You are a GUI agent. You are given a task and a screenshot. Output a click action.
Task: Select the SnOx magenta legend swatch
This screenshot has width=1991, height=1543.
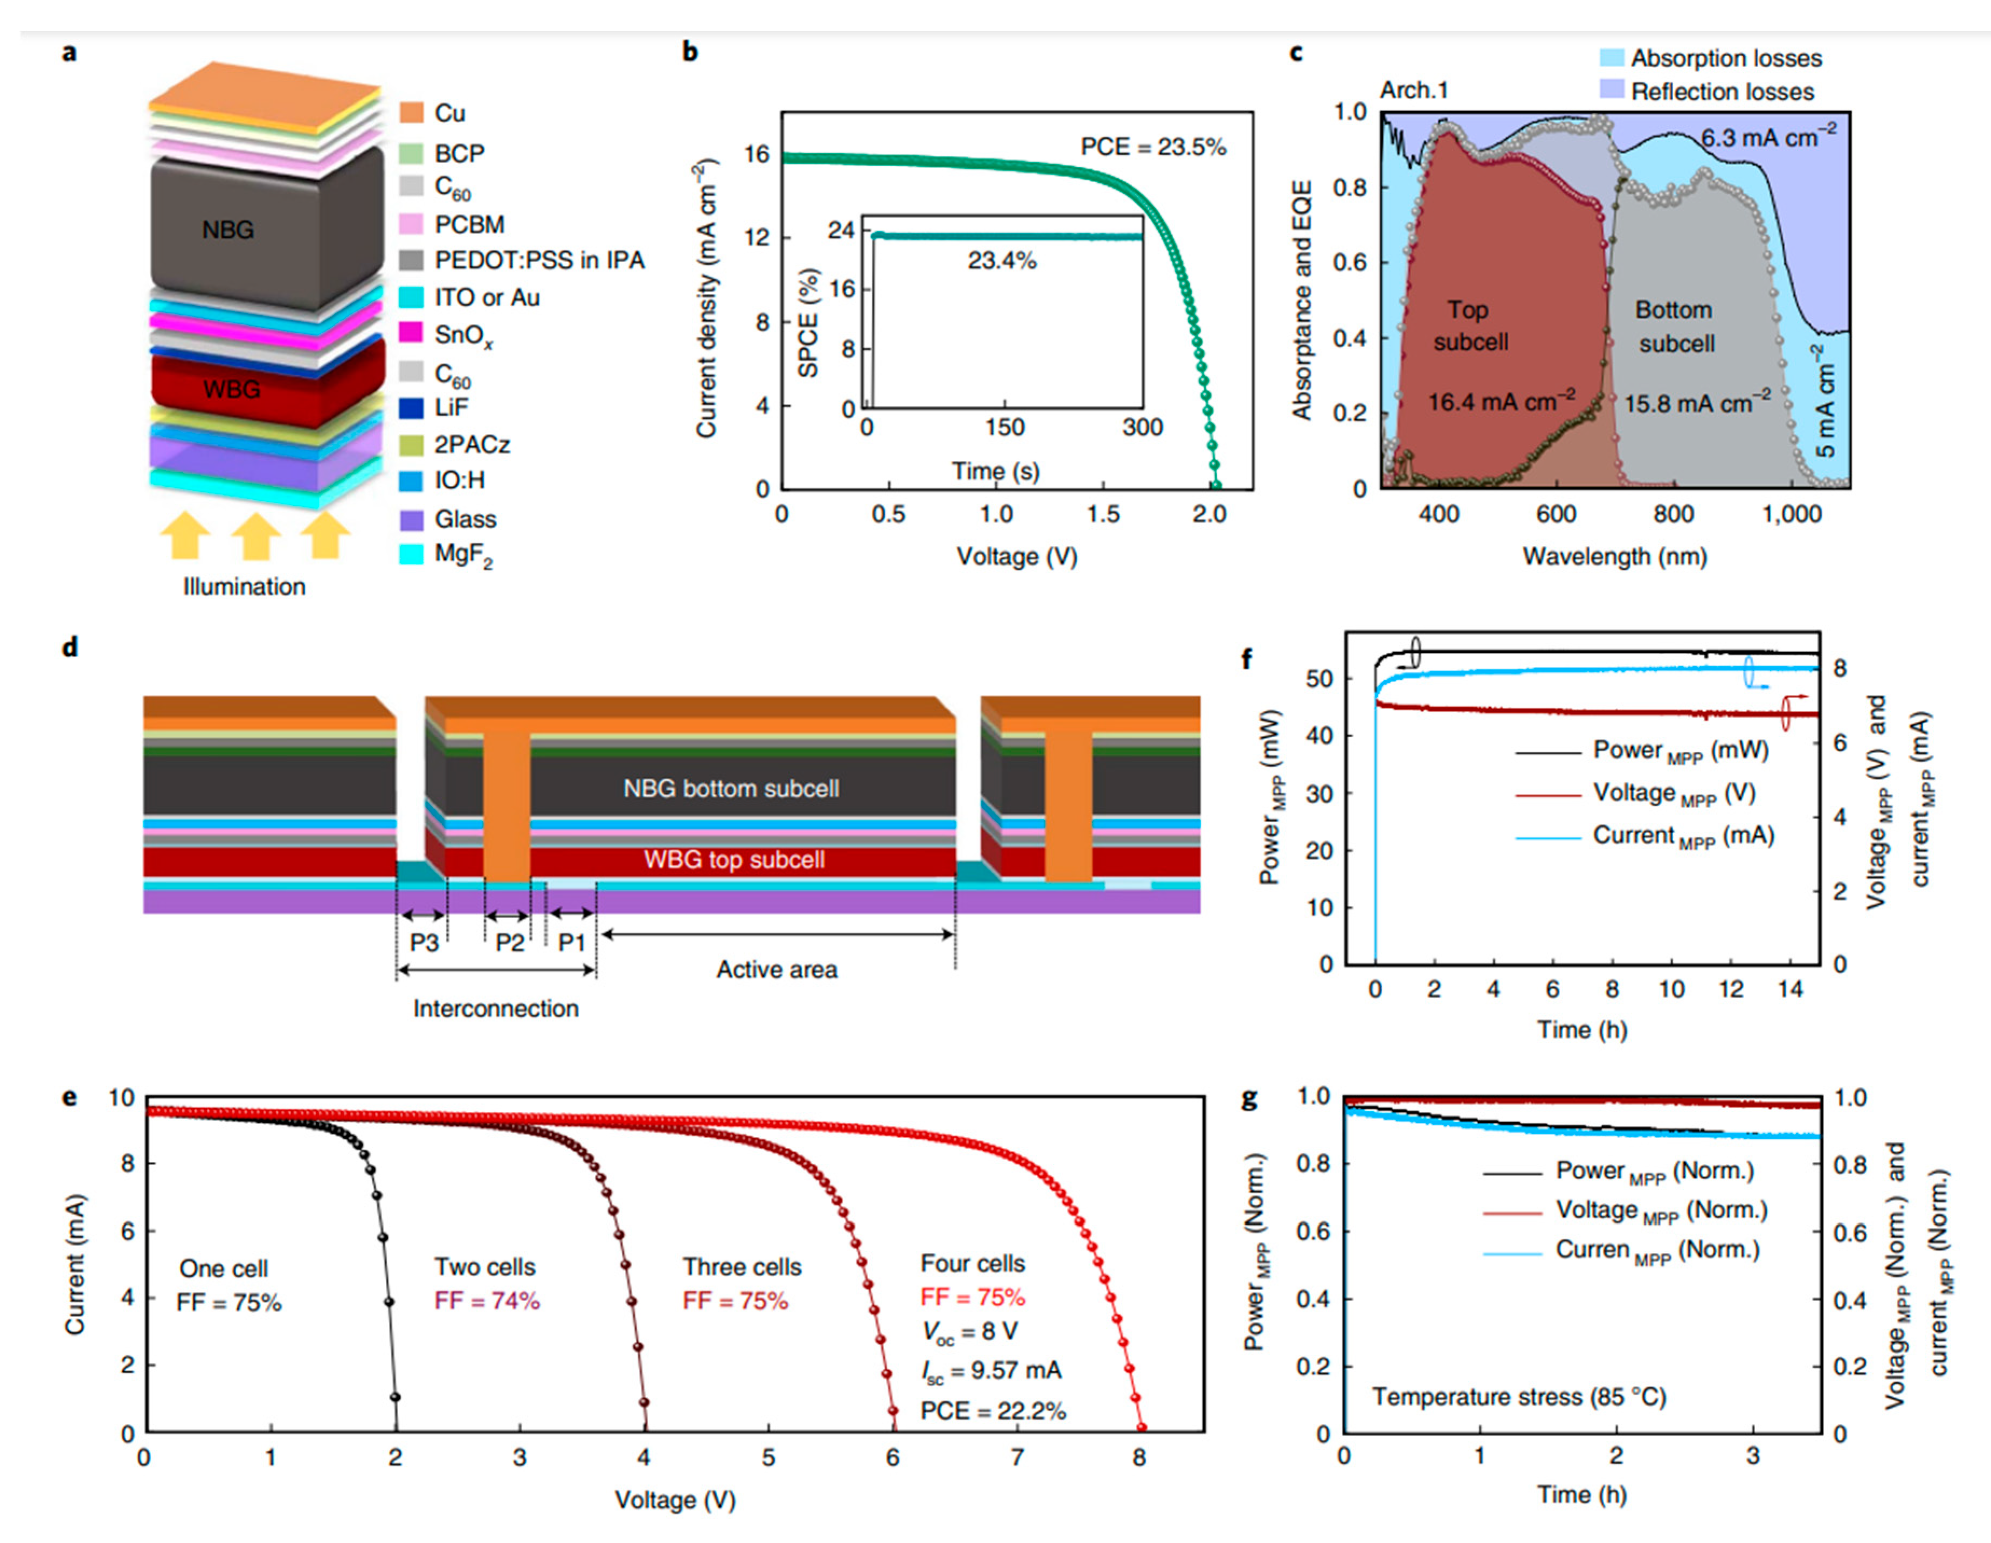[x=411, y=334]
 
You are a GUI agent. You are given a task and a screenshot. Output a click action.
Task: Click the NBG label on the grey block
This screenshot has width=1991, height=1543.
[x=228, y=230]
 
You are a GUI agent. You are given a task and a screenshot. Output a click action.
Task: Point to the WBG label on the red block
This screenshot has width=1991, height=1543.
[x=232, y=389]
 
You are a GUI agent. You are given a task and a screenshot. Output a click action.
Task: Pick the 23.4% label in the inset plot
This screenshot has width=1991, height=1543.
[x=1002, y=261]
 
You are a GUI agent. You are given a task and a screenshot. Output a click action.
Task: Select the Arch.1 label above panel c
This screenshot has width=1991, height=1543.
[x=1413, y=90]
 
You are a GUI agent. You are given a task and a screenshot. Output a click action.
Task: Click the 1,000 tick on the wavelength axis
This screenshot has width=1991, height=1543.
[x=1791, y=514]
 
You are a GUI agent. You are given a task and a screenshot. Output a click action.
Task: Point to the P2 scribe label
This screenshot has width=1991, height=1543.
[x=510, y=942]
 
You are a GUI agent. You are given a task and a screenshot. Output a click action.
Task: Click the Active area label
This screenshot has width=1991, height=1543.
[x=776, y=969]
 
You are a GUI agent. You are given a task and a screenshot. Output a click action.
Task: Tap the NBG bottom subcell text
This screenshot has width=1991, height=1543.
[x=731, y=789]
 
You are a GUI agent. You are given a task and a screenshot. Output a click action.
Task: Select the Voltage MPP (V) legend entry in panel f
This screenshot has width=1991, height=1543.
[x=1673, y=794]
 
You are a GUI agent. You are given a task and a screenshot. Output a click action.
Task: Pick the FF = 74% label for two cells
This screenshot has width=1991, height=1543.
[x=487, y=1300]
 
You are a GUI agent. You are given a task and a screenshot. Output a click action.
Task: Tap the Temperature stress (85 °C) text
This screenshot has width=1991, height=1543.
[x=1519, y=1397]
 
